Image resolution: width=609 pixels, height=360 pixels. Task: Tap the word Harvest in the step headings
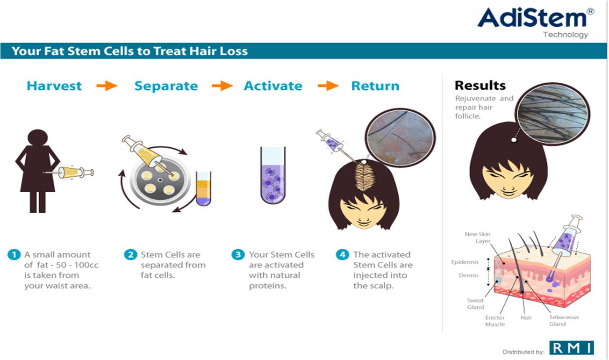(54, 86)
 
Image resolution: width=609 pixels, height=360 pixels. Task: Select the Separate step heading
(166, 86)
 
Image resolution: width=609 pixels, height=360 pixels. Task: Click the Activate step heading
(273, 86)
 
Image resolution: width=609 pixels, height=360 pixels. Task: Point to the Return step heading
(375, 86)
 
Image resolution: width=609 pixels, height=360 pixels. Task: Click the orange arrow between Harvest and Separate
(107, 86)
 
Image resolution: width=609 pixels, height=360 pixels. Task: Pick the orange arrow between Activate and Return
(328, 86)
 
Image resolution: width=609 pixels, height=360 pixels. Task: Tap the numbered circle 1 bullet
(14, 255)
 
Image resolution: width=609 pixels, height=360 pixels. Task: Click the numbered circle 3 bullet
(238, 255)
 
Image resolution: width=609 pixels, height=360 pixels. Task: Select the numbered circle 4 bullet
(343, 255)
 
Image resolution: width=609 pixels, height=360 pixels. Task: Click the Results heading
(480, 86)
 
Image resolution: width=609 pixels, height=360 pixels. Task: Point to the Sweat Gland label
(475, 304)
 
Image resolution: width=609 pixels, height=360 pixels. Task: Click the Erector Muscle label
(495, 321)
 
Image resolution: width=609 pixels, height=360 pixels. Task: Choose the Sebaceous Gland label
(564, 320)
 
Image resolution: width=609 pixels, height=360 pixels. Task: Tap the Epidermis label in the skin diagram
(465, 262)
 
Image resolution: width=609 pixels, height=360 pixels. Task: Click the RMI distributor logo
(572, 348)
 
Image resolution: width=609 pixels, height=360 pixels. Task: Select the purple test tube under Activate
(272, 175)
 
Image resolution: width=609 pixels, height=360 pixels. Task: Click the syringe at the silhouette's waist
(69, 173)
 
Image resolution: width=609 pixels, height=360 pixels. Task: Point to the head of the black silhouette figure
(38, 138)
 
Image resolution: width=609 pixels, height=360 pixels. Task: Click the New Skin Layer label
(477, 238)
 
